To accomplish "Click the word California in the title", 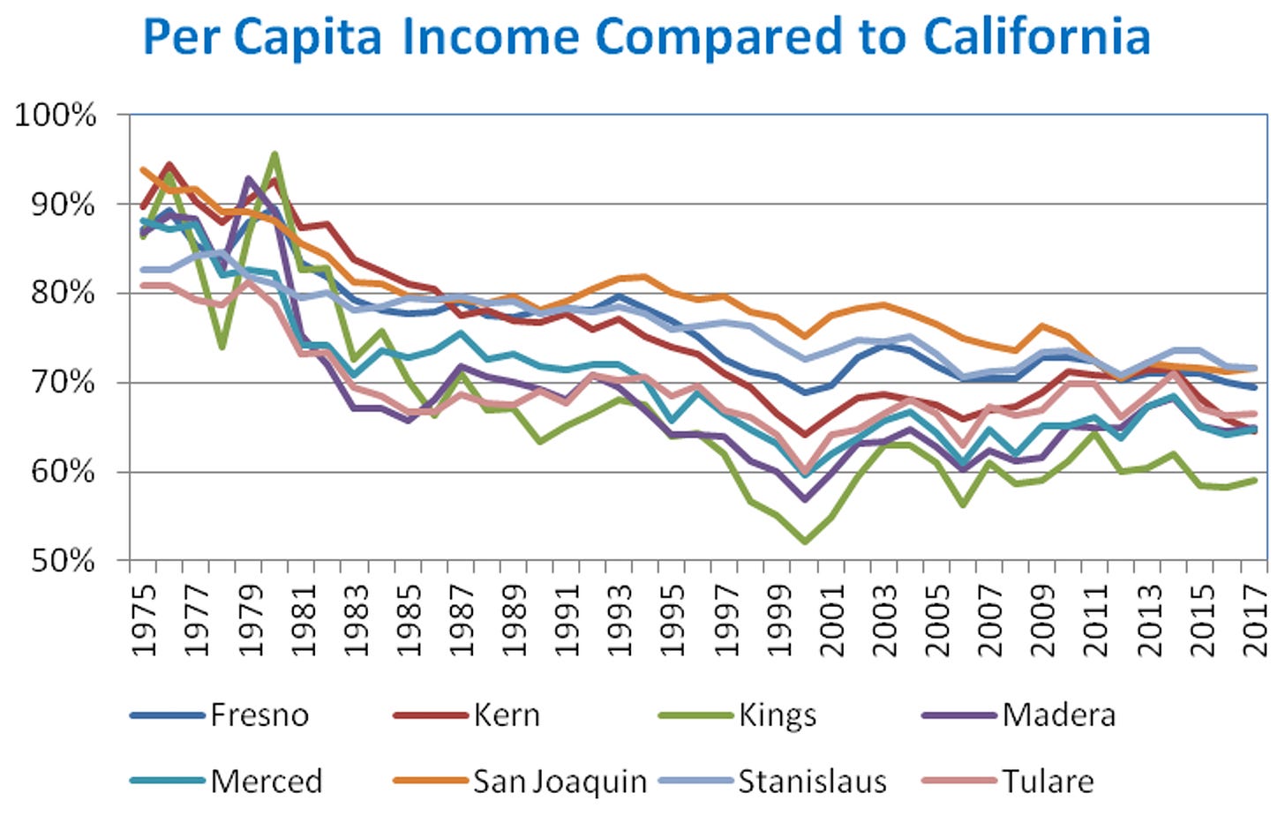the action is [x=1037, y=36].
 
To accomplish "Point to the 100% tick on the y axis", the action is [x=55, y=116].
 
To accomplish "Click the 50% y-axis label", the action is [x=63, y=560].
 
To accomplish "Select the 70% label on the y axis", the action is [x=63, y=383].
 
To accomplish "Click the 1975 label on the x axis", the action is [x=144, y=620].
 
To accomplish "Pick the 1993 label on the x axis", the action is [x=620, y=620].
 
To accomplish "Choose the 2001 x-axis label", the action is [x=831, y=620].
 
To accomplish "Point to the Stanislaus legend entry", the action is [x=812, y=781].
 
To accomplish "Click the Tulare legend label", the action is [x=1048, y=781].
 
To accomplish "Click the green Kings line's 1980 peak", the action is [x=275, y=154].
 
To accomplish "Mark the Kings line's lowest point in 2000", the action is [x=805, y=541].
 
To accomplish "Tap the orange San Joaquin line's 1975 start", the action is [x=143, y=169].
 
